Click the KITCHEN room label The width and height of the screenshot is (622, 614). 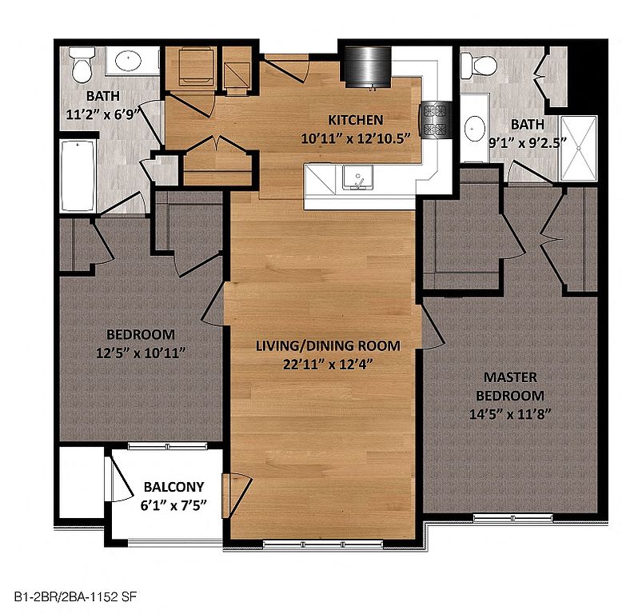point(356,120)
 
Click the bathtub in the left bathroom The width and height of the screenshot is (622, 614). point(78,176)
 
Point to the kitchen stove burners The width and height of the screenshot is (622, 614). point(435,119)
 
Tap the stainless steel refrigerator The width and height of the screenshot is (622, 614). point(368,66)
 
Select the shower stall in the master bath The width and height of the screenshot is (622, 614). point(578,148)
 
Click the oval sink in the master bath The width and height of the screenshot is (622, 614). point(474,129)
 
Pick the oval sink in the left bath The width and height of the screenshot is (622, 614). point(128,60)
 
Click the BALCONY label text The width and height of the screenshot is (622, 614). point(173,487)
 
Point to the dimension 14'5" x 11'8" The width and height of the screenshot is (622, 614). point(510,414)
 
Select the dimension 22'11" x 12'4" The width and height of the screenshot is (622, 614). point(328,364)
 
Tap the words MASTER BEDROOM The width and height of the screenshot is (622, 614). point(510,386)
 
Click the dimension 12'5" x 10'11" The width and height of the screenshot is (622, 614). point(141,353)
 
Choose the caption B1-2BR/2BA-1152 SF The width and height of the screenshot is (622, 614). point(75,596)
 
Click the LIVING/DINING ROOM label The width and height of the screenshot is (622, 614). point(328,345)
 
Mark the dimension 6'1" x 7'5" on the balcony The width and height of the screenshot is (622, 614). point(173,505)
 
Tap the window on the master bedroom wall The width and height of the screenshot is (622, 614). point(513,517)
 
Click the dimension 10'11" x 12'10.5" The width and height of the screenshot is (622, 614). point(356,138)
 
